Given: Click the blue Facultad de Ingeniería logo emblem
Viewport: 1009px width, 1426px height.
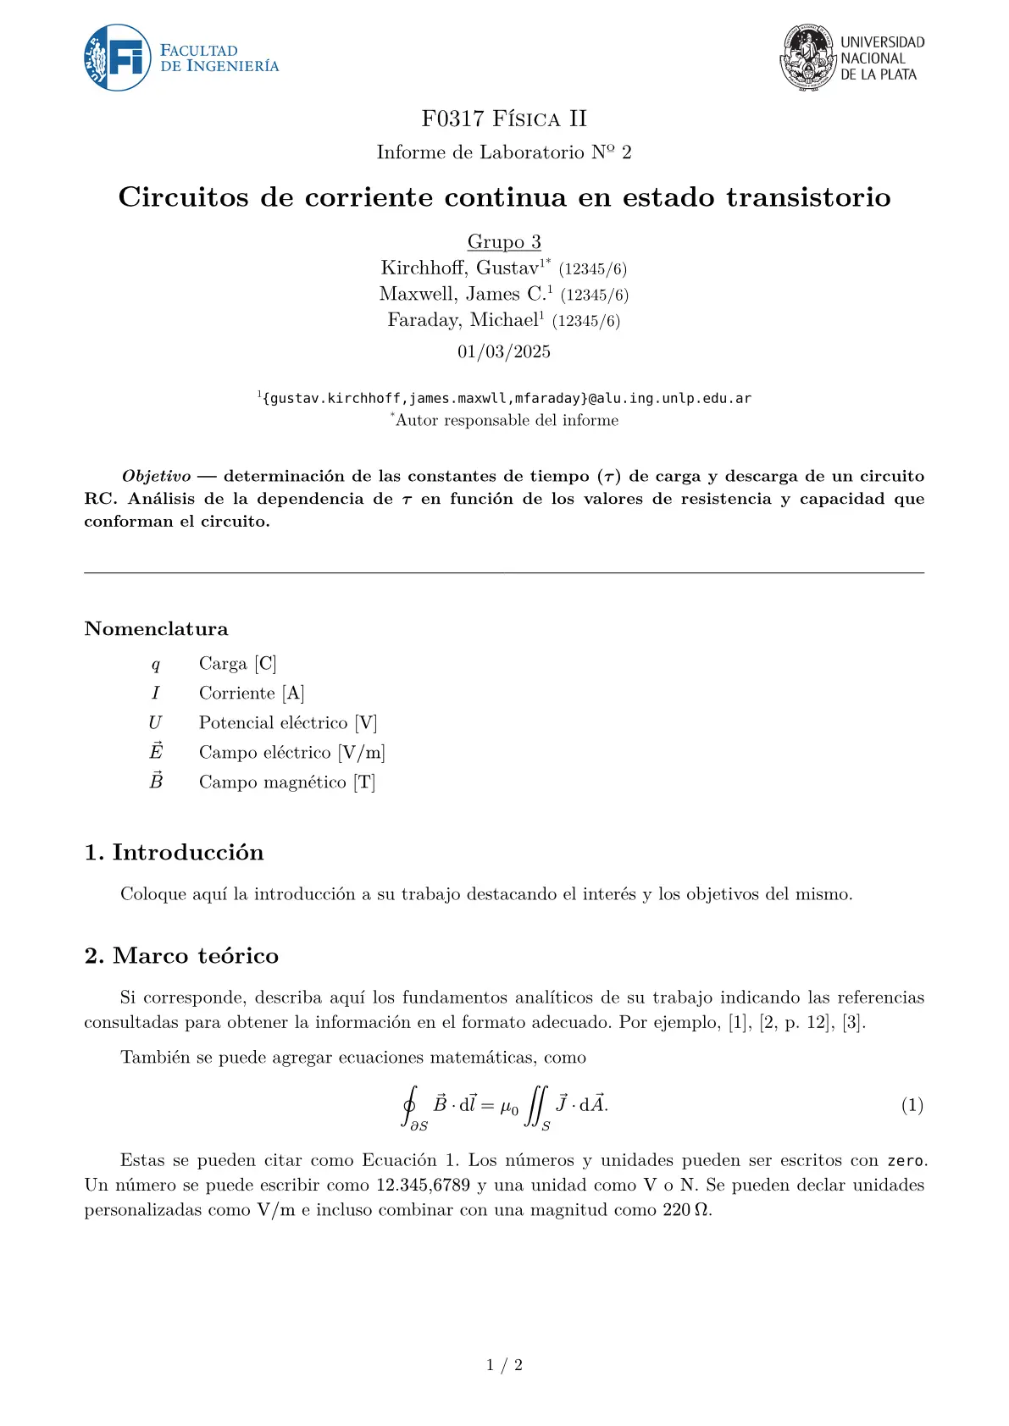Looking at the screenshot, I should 118,58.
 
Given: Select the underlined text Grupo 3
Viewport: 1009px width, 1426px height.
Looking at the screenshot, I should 504,242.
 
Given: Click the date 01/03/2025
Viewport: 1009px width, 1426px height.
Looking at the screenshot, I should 504,351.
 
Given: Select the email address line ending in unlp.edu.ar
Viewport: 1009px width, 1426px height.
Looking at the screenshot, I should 507,398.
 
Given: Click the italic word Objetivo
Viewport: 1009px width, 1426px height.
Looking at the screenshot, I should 156,476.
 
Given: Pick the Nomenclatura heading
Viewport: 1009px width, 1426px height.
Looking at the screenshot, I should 156,628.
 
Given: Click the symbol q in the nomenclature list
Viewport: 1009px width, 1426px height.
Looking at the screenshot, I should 155,664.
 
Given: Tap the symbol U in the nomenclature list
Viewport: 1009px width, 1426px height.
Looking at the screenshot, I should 155,722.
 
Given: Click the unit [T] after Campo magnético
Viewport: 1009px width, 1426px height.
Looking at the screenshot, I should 364,782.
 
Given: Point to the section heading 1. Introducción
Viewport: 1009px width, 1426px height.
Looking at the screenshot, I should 174,852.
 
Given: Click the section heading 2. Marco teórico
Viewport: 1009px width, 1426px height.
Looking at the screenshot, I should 181,955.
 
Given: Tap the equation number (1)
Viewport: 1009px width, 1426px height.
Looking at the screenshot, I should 912,1105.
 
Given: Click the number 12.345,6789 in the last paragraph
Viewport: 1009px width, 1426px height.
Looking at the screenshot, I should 423,1185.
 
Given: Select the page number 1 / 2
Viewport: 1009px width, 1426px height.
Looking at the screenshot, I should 504,1364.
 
